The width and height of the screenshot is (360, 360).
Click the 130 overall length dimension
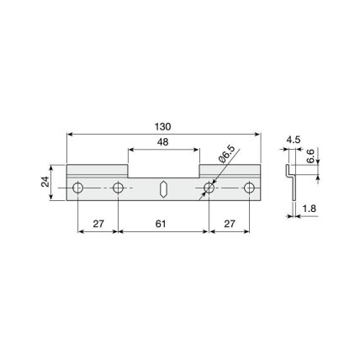162,127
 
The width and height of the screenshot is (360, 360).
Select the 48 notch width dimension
163,142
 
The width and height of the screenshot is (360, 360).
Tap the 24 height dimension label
45,183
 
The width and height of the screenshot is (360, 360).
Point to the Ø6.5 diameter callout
226,154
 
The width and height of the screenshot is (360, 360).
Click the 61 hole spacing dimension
161,224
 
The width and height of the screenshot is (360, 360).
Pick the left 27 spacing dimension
98,224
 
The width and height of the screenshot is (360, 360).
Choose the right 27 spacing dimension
230,224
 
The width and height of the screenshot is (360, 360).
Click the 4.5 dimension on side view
294,140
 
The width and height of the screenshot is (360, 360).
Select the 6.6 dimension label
310,156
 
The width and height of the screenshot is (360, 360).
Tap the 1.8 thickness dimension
310,209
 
